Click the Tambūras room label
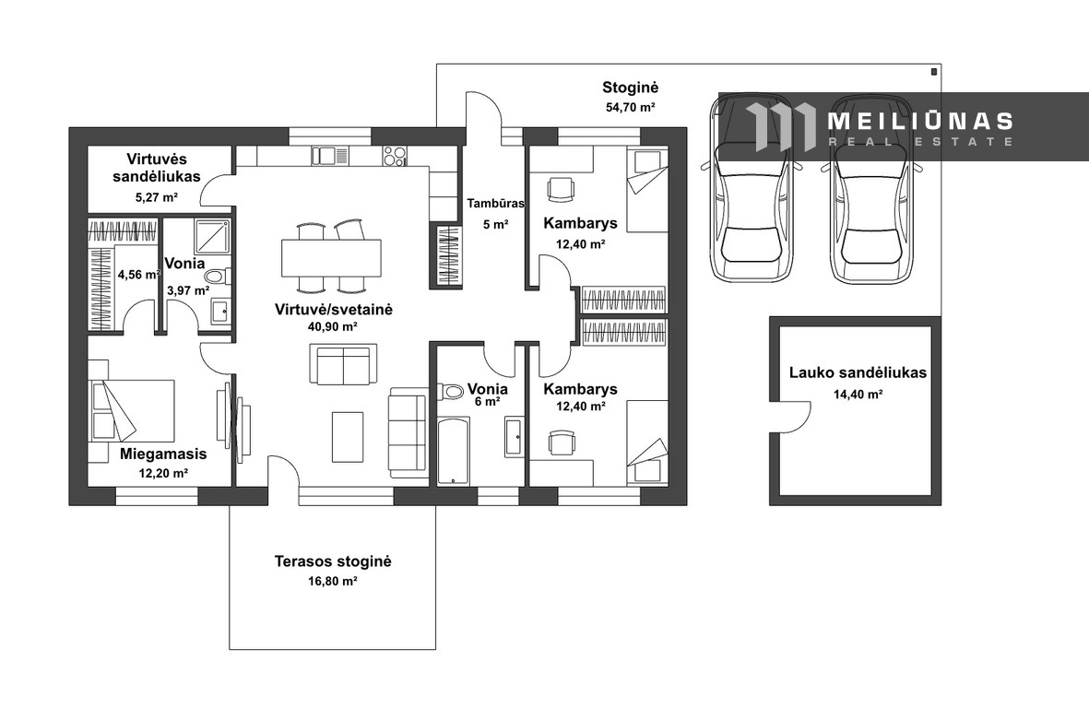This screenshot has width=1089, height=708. pyautogui.click(x=495, y=204)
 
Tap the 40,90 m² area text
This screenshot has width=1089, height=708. pyautogui.click(x=333, y=326)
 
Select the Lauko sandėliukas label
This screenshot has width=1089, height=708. pyautogui.click(x=858, y=372)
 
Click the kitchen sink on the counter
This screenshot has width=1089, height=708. pyautogui.click(x=324, y=156)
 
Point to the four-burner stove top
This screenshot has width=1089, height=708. pyautogui.click(x=395, y=156)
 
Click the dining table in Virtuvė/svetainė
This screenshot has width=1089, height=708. pyautogui.click(x=331, y=257)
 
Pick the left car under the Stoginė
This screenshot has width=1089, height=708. pyautogui.click(x=751, y=189)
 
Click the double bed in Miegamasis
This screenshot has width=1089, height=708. pyautogui.click(x=131, y=409)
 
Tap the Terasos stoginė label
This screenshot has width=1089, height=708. pyautogui.click(x=333, y=560)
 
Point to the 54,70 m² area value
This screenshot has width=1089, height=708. pyautogui.click(x=631, y=108)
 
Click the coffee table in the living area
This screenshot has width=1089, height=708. pyautogui.click(x=348, y=437)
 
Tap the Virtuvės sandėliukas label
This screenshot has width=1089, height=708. pyautogui.click(x=157, y=167)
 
